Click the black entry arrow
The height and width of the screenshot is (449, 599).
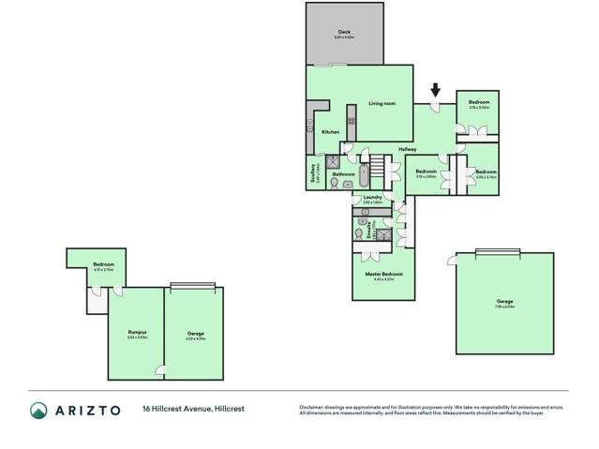click(435, 91)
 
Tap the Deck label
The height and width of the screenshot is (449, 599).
click(344, 33)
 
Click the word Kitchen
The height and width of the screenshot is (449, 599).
click(330, 132)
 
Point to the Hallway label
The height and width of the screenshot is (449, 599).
click(407, 150)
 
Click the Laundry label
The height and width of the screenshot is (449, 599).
click(372, 197)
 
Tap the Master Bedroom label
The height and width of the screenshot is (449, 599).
click(384, 274)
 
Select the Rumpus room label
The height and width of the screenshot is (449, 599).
click(137, 333)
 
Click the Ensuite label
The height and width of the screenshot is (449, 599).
click(372, 228)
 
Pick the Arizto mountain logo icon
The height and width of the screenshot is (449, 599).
click(38, 410)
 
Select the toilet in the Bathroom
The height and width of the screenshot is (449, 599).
click(337, 185)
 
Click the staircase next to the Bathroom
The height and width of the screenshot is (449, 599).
click(377, 170)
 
